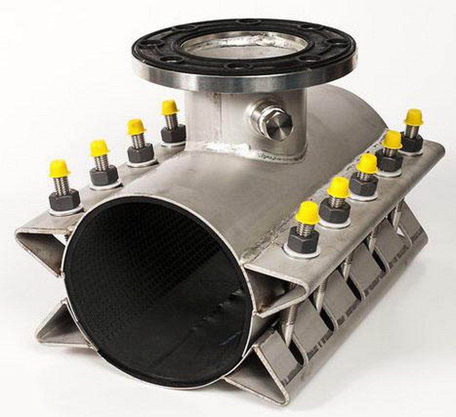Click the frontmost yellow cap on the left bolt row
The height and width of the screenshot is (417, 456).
60,168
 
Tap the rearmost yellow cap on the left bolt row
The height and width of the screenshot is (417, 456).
170,107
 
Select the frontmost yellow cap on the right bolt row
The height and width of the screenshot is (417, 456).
307,213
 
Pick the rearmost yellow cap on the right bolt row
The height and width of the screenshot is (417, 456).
414,117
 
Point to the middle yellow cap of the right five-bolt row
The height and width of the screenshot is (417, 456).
367,163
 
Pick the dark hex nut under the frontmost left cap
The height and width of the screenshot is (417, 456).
65,200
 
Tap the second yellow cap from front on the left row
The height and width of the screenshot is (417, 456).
99,148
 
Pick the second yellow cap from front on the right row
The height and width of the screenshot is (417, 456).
339,187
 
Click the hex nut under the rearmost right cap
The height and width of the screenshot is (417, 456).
412,143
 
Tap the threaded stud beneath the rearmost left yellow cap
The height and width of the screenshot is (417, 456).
171,121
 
